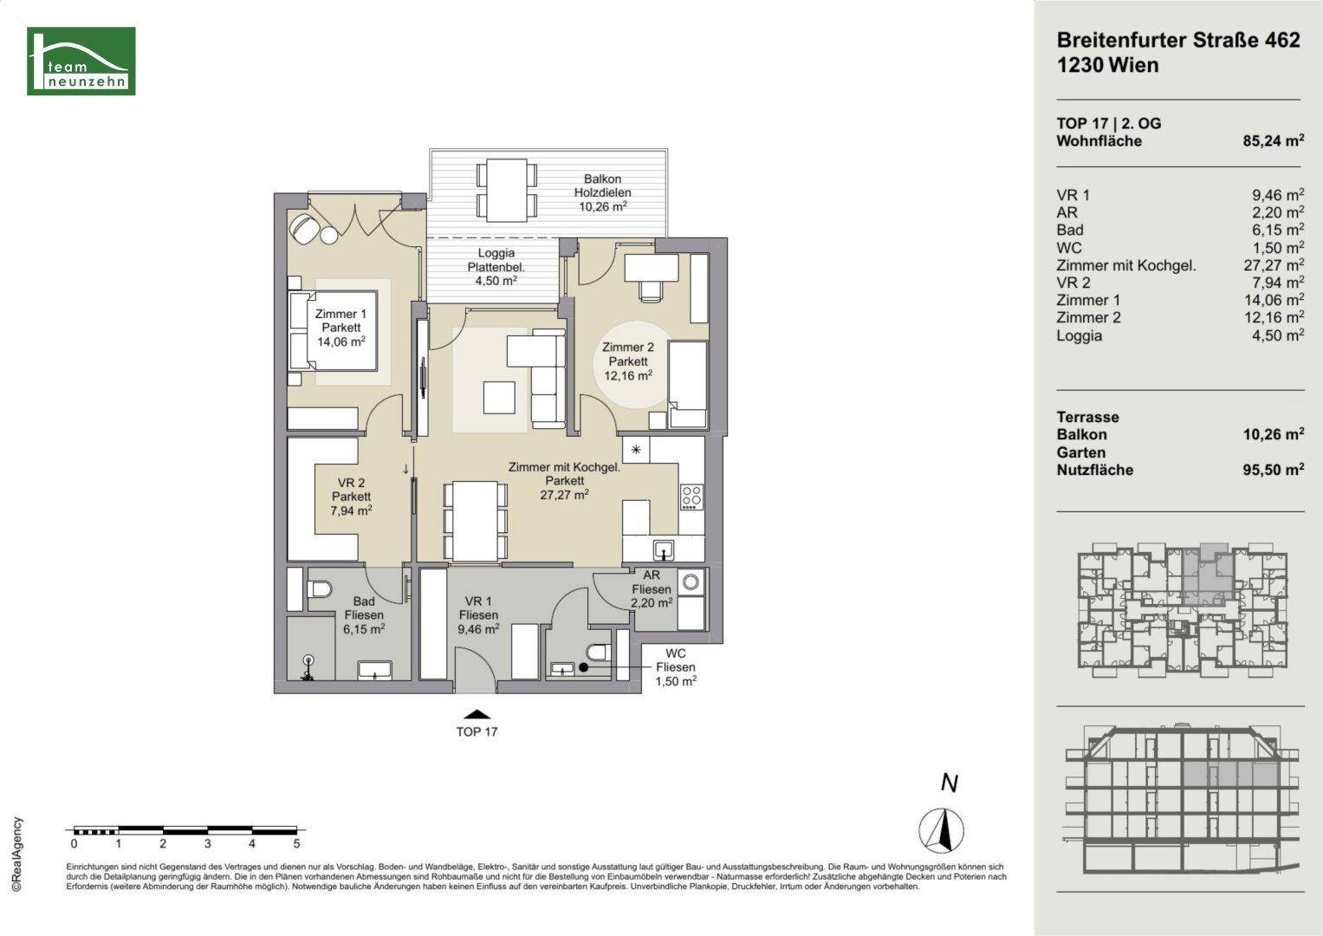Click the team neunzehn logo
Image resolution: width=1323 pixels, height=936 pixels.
pos(81,61)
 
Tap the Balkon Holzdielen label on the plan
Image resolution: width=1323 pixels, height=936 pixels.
pos(602,185)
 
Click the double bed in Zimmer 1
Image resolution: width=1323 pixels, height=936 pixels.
pos(333,331)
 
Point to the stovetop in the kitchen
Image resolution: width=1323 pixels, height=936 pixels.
pos(691,497)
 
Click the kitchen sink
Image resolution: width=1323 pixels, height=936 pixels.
pos(665,550)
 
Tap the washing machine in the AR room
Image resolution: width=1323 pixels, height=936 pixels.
pos(691,582)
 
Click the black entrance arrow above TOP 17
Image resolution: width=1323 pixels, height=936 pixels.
pos(477,714)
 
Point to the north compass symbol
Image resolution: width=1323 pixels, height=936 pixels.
pos(941,829)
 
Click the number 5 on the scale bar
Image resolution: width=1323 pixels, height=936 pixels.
pos(296,844)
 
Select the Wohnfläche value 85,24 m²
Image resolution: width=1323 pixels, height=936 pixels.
pos(1274,140)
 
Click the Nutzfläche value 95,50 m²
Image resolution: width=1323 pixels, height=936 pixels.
pos(1274,470)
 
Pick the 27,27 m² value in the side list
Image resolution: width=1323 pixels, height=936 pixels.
pos(1274,265)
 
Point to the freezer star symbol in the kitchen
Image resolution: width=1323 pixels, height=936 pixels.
pos(636,450)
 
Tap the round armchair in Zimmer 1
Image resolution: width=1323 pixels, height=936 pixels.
pos(305,228)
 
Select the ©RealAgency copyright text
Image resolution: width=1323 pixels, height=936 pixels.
pos(17,854)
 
